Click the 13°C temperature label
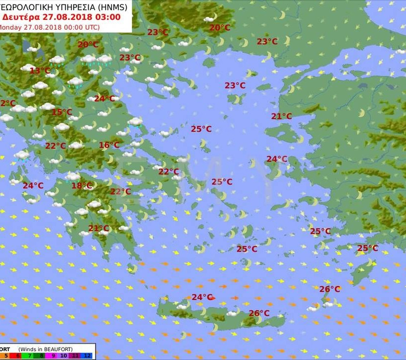tap(40, 71)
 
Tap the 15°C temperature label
tap(62, 112)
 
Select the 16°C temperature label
tap(109, 145)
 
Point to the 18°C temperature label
tap(82, 186)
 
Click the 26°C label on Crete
tap(259, 313)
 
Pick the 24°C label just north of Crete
tap(202, 297)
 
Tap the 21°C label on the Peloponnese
tap(99, 228)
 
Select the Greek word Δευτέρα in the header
tap(21, 17)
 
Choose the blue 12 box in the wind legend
tap(87, 356)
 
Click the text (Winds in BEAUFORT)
tap(46, 349)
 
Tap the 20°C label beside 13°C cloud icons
tap(88, 45)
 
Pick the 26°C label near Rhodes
tap(329, 289)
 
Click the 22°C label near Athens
tap(168, 172)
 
